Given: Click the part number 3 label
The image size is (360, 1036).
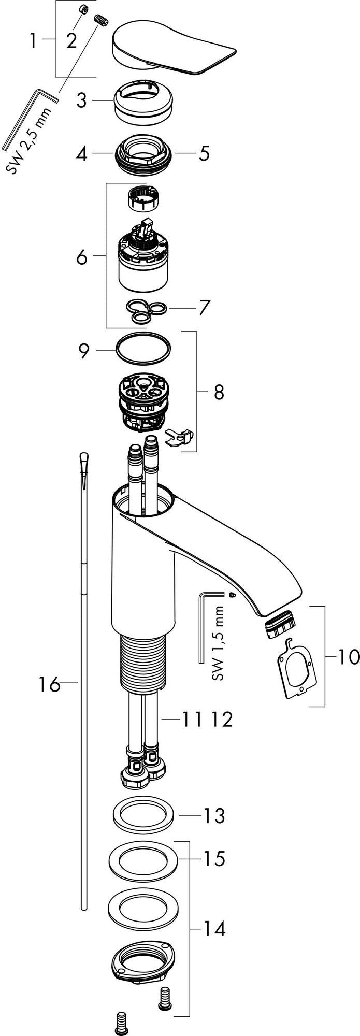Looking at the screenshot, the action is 82,100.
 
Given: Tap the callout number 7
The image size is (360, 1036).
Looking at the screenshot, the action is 204,308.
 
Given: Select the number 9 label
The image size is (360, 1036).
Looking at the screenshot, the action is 84,351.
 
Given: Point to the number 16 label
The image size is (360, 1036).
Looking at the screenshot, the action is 50,685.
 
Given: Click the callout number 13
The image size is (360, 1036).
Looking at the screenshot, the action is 213,815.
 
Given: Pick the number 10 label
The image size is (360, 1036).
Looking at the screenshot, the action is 349,657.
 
